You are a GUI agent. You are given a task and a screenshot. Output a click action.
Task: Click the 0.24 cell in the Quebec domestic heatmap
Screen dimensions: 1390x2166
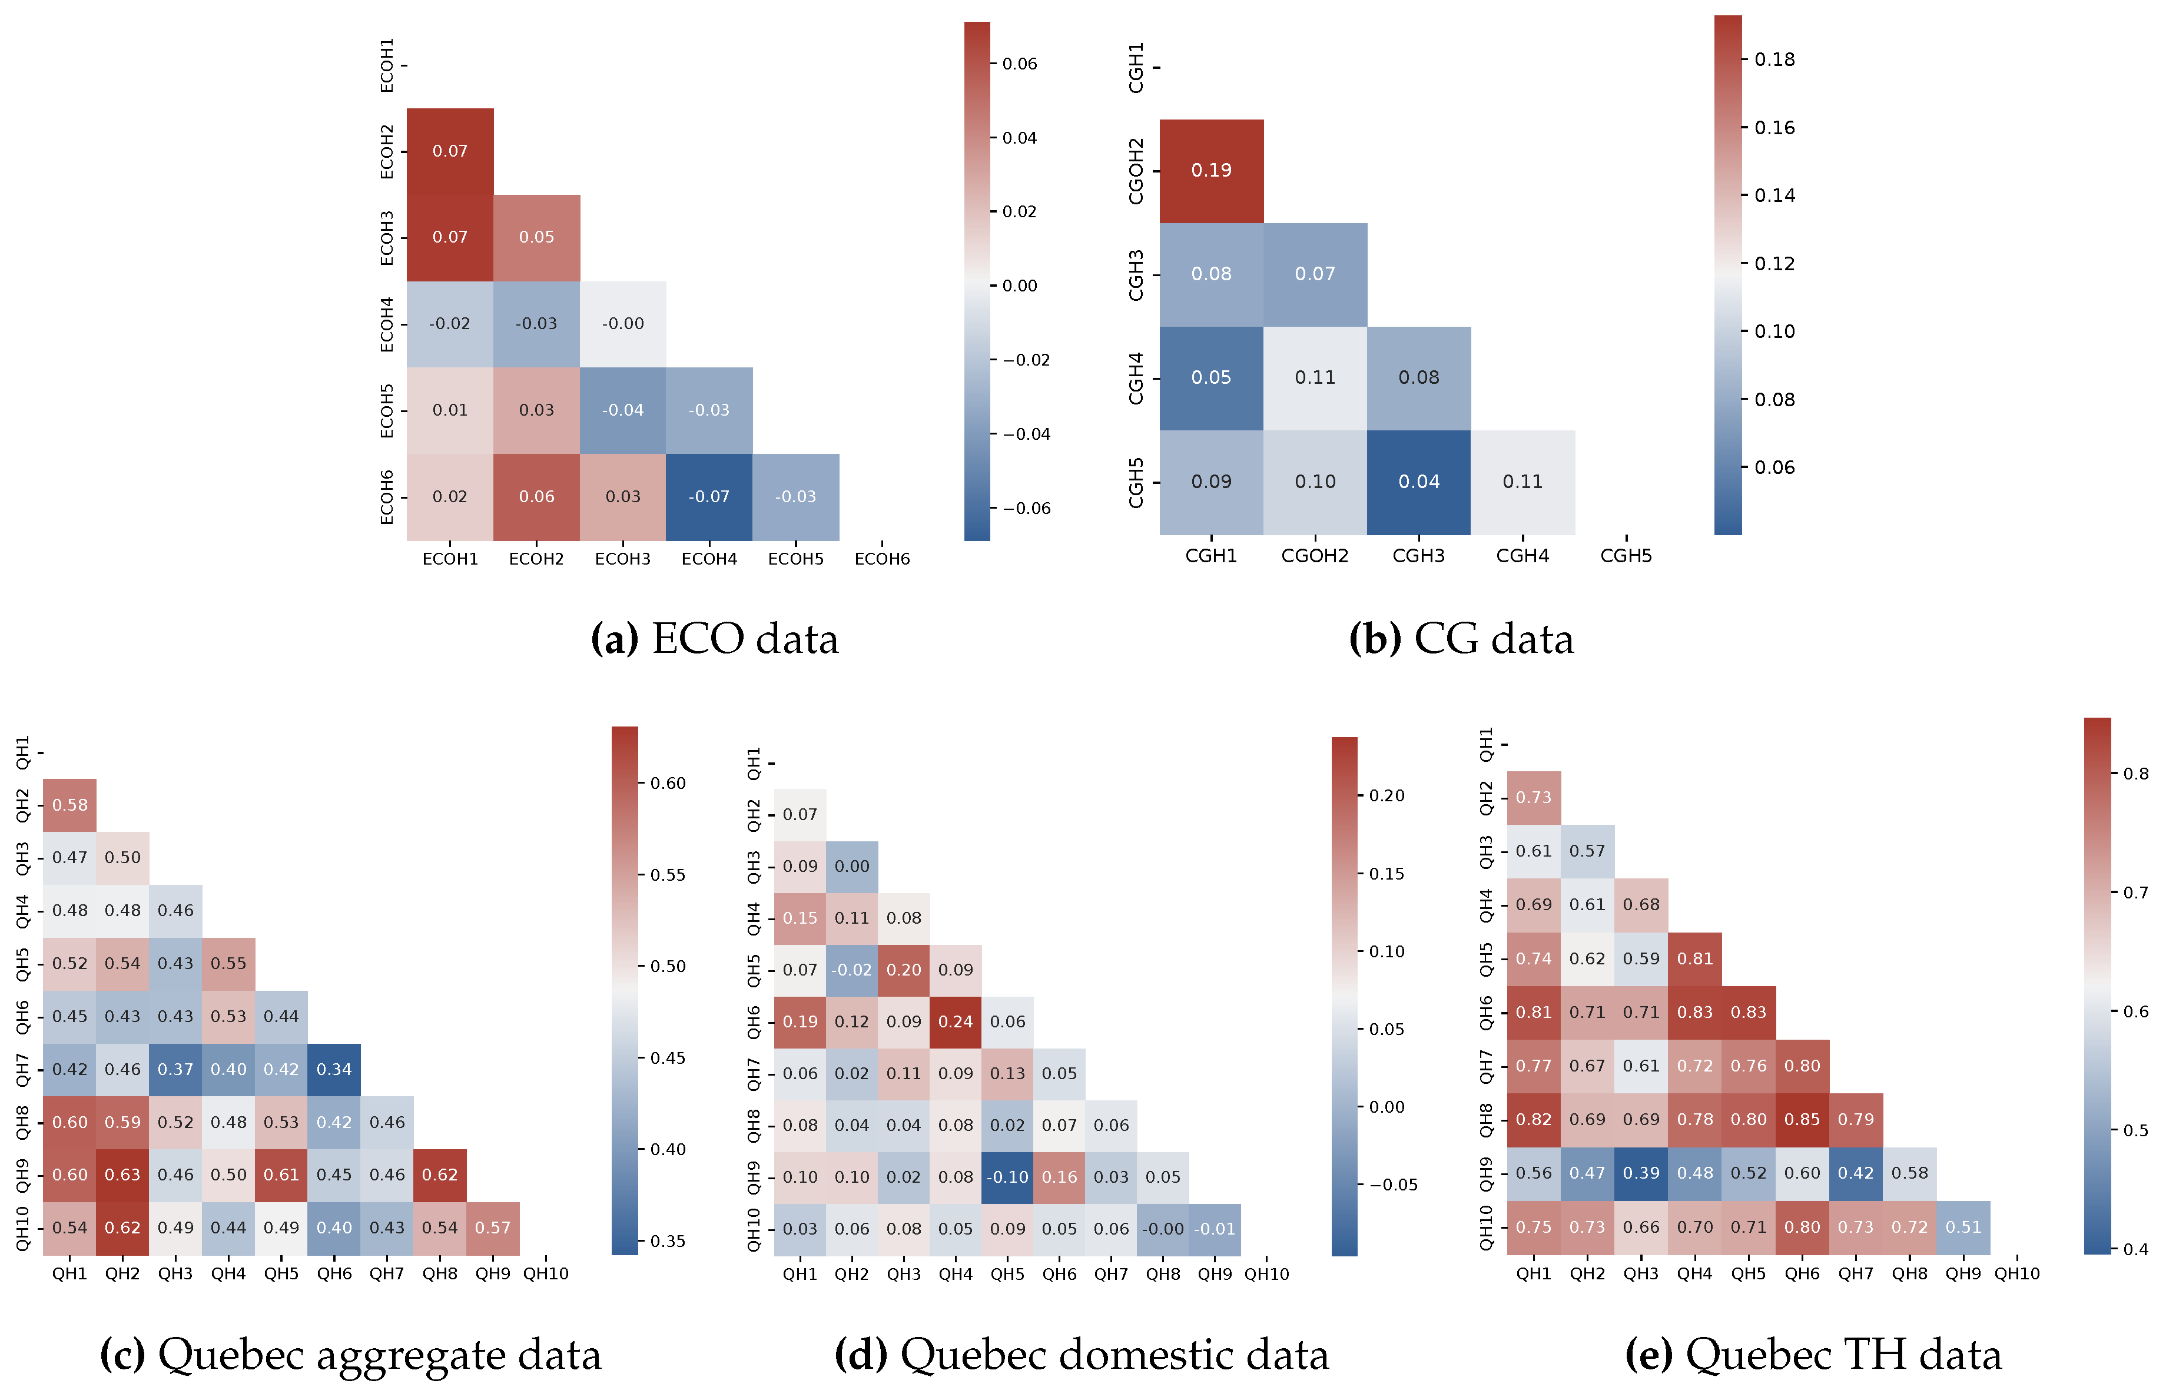coord(955,1021)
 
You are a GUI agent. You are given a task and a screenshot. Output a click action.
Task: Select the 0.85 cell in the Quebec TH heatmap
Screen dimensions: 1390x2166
coord(1802,1119)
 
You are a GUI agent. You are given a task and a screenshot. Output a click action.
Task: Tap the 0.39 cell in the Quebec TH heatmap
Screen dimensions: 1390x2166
coord(1641,1173)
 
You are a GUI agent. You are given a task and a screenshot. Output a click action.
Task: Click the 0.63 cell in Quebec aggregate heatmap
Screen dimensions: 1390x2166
coord(122,1175)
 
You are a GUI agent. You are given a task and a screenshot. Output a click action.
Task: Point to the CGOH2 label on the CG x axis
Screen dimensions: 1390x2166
coord(1314,556)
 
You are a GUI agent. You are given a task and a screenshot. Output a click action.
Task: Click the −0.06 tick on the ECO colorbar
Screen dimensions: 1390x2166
coord(1027,508)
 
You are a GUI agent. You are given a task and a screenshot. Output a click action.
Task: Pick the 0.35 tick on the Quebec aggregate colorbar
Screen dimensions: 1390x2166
coord(667,1241)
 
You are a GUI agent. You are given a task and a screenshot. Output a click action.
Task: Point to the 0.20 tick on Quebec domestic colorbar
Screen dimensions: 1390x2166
coord(1386,795)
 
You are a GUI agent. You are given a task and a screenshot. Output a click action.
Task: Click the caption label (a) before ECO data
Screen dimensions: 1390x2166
coord(613,639)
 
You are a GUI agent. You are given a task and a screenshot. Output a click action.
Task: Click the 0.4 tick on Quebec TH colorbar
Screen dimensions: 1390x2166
coord(2135,1249)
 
